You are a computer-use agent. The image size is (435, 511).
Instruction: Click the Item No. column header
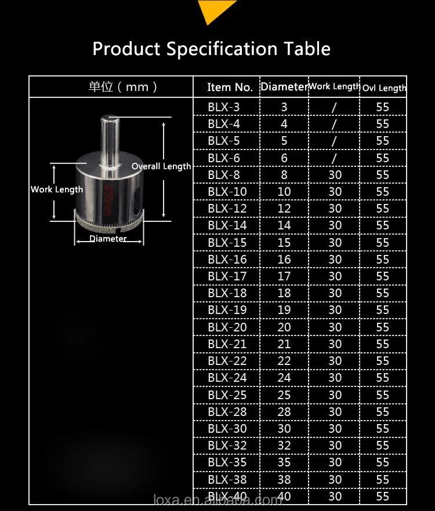[x=230, y=87]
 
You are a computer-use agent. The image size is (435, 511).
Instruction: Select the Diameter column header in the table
[x=284, y=87]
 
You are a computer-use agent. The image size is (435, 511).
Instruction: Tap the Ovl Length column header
[x=384, y=88]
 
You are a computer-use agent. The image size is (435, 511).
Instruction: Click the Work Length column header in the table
[x=335, y=86]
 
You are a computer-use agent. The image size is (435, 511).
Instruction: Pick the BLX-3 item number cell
[x=223, y=107]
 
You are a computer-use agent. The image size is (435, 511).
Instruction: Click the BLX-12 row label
[x=227, y=209]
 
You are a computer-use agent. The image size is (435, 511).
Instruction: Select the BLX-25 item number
[x=227, y=395]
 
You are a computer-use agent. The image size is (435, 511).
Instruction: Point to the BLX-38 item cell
[x=227, y=480]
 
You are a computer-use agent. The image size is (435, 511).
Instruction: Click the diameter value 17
[x=284, y=276]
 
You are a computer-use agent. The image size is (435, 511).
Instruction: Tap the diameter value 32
[x=284, y=446]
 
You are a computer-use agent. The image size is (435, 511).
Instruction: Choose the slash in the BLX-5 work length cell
[x=335, y=141]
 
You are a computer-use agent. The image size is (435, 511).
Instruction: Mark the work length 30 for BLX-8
[x=335, y=175]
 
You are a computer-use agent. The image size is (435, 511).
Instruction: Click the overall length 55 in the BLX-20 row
[x=382, y=327]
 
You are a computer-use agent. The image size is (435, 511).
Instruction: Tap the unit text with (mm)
[x=123, y=87]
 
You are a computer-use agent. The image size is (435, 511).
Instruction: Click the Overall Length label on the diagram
[x=161, y=166]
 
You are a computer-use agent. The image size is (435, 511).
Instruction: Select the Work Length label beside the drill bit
[x=57, y=189]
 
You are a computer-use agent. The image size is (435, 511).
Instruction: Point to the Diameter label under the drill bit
[x=108, y=239]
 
